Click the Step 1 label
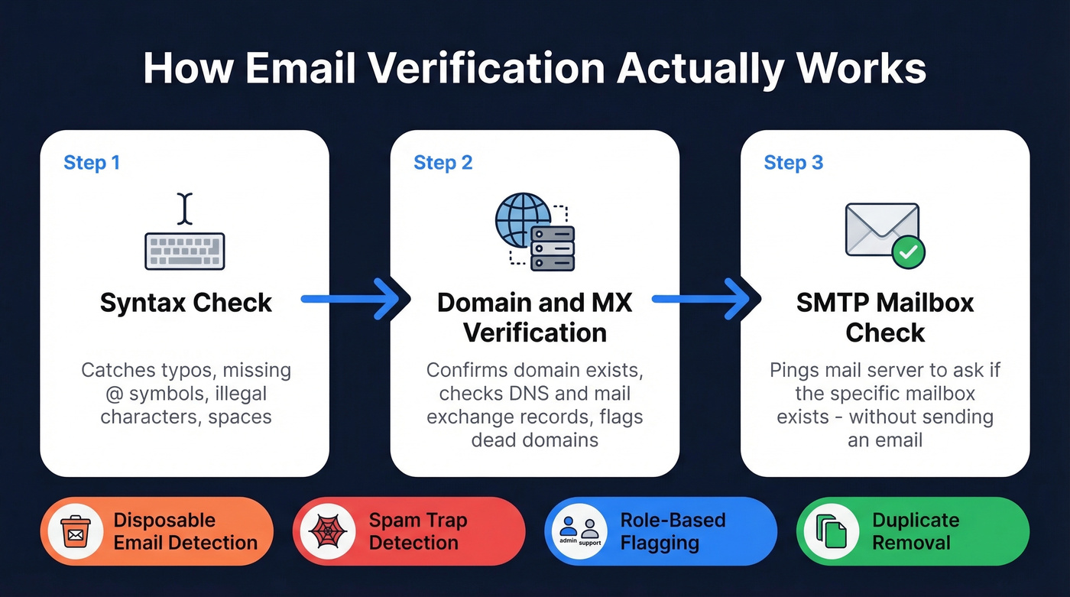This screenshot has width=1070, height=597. (x=92, y=163)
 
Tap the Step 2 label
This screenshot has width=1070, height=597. (x=443, y=163)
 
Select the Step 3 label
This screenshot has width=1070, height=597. (x=793, y=163)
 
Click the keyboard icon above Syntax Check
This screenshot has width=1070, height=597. (x=184, y=251)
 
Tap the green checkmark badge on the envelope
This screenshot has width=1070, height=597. (x=907, y=251)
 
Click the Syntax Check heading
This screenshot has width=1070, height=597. (x=186, y=303)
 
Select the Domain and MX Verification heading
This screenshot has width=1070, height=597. (x=534, y=317)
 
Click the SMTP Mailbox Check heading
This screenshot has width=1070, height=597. (x=885, y=317)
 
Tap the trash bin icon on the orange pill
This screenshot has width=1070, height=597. (x=75, y=531)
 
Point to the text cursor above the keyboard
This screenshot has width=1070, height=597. (x=184, y=209)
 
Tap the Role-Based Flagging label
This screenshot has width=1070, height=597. (x=672, y=531)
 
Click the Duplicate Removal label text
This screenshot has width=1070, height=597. (x=915, y=531)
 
